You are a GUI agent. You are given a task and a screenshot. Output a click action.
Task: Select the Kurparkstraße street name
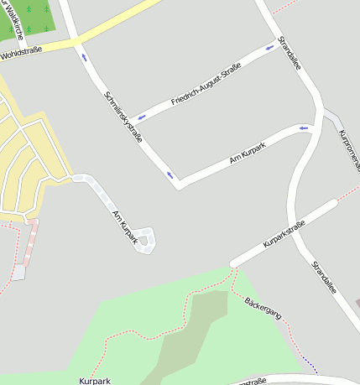284,232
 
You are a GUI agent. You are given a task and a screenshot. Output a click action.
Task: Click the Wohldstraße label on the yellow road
22,54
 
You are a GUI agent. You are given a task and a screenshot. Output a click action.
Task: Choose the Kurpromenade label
350,149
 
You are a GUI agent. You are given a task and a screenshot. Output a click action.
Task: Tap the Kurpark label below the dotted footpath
95,381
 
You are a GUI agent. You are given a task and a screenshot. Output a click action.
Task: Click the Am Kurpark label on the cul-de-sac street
124,226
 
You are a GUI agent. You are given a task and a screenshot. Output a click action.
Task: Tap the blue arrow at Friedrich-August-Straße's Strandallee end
270,47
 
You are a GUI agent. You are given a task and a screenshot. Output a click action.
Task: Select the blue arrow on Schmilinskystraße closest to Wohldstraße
84,57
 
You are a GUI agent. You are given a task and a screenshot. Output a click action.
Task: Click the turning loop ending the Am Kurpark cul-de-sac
147,240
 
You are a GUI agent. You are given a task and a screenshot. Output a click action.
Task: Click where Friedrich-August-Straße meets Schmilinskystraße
128,120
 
